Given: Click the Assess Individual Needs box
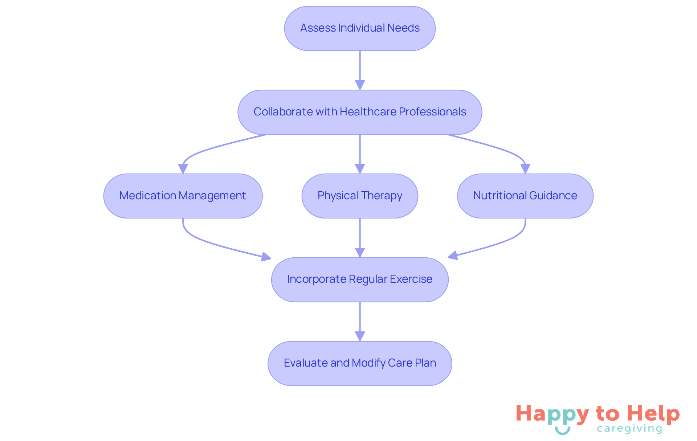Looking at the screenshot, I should coord(360,28).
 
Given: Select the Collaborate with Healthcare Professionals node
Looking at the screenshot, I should coord(360,112).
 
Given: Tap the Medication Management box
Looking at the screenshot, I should coord(183,196).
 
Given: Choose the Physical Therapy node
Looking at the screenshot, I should coord(360,196).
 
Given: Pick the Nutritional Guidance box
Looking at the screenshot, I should coord(525,196).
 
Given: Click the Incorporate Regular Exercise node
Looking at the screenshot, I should coord(360,279).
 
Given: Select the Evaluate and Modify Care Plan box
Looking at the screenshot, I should coord(360,363).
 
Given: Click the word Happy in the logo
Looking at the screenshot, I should coord(552,414).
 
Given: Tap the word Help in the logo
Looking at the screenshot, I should coord(653,413).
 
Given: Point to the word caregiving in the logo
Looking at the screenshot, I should coord(629,429).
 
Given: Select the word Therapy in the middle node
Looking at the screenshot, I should coord(382,196).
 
